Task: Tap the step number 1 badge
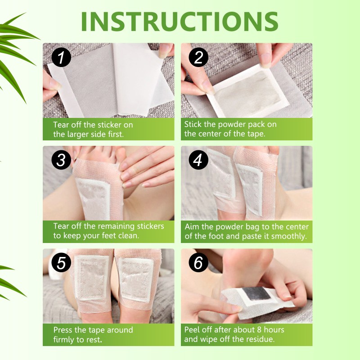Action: click(x=61, y=58)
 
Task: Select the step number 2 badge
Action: click(x=198, y=58)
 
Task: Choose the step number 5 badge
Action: click(x=61, y=263)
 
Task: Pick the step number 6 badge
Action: click(x=198, y=263)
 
